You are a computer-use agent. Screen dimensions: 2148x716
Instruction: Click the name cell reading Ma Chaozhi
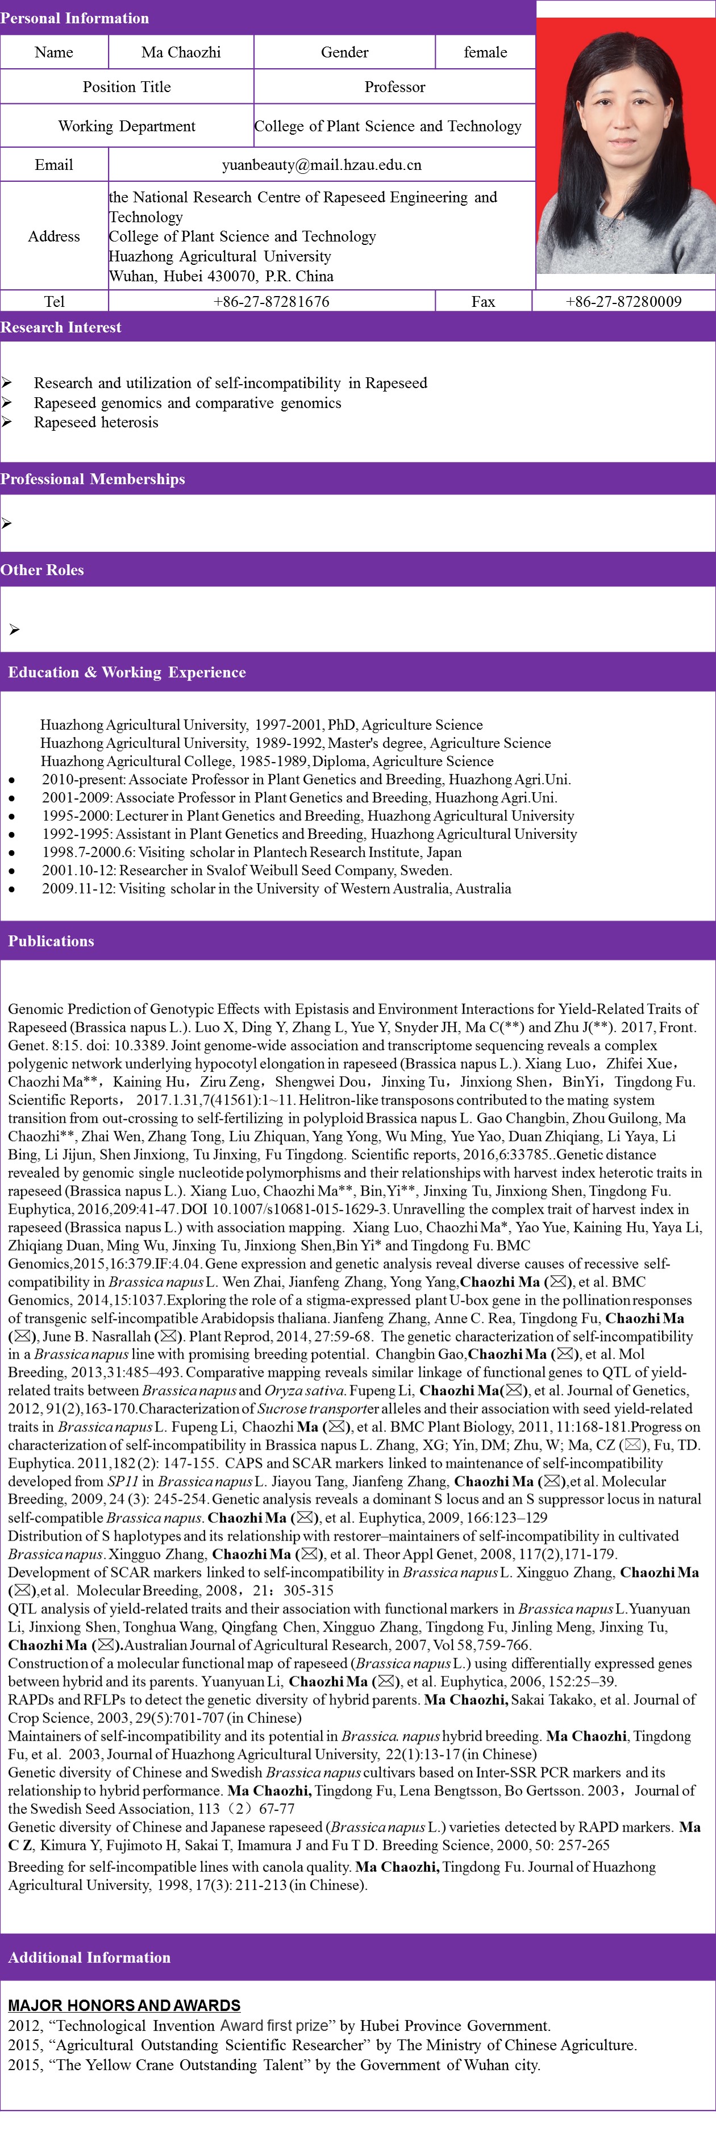[x=181, y=52]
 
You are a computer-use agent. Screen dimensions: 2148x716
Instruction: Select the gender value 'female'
[x=485, y=52]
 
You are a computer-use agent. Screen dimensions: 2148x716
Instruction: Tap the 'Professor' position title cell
[x=394, y=87]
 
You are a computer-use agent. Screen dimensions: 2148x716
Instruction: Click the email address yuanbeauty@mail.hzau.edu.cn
[x=321, y=164]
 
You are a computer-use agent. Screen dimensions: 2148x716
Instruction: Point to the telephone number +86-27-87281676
[x=271, y=301]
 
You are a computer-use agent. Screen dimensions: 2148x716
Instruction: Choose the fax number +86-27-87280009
[x=623, y=301]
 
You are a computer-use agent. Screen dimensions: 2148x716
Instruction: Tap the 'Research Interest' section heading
[x=61, y=327]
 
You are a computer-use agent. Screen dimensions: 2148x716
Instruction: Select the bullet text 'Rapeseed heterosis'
[x=96, y=422]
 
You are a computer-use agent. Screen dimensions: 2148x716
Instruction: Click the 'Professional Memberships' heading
[x=93, y=478]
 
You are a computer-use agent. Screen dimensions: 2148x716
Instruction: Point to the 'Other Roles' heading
[x=41, y=569]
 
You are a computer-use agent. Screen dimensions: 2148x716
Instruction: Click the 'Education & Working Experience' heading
[x=127, y=672]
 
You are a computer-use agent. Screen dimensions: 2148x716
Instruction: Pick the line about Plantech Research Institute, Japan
[x=252, y=851]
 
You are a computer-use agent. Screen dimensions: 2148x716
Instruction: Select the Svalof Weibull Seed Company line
[x=247, y=869]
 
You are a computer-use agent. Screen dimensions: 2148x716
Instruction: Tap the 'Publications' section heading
[x=51, y=940]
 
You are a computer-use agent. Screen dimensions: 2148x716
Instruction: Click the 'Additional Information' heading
[x=89, y=1957]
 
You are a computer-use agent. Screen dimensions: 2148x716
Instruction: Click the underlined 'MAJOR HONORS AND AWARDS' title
[x=124, y=2005]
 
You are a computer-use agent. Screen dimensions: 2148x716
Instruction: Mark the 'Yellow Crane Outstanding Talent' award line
[x=274, y=2064]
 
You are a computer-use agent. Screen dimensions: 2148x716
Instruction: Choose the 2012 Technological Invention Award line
[x=279, y=2025]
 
